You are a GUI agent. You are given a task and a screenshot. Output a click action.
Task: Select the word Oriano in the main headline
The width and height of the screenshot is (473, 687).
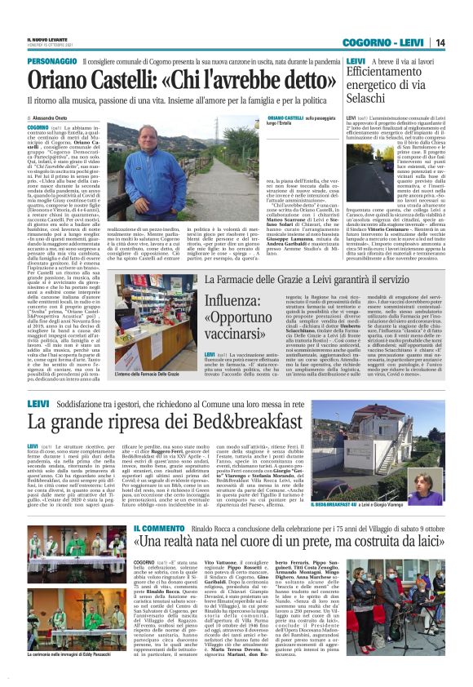coord(64,81)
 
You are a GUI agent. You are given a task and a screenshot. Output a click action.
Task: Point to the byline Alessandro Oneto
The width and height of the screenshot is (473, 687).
coord(50,118)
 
